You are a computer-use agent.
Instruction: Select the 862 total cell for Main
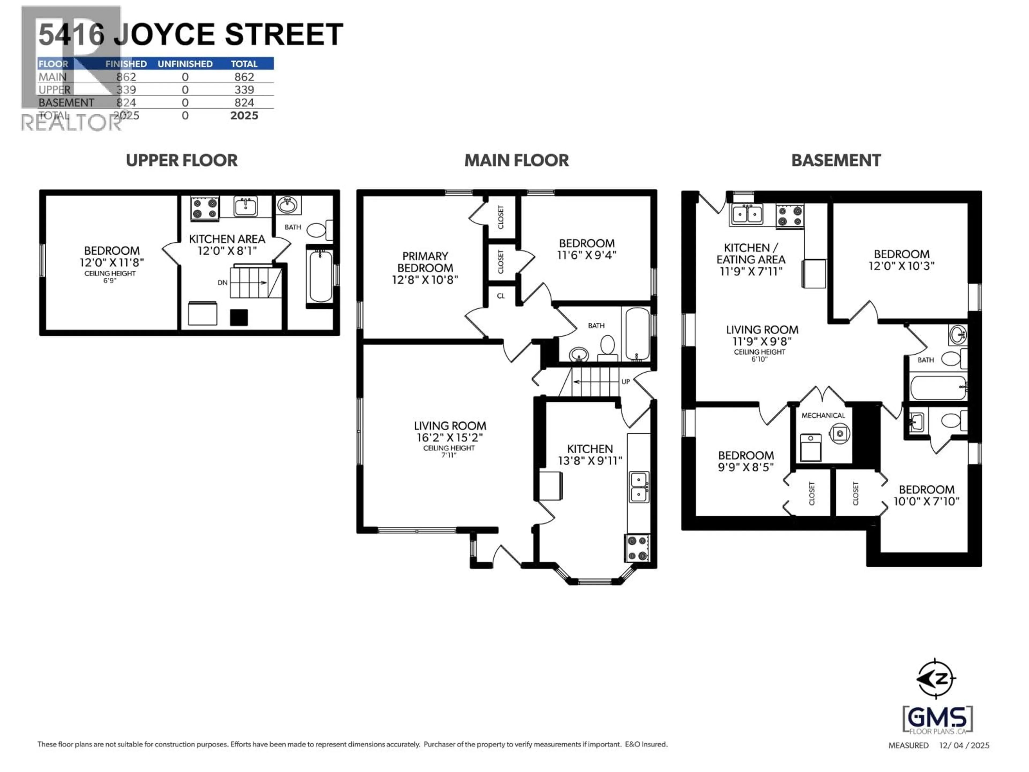click(244, 77)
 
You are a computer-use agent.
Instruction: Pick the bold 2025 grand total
click(244, 116)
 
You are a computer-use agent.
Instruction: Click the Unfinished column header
click(185, 64)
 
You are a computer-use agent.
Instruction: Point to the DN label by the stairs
click(222, 283)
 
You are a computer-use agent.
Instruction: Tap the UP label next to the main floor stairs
click(626, 382)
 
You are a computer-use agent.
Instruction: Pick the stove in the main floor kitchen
click(637, 548)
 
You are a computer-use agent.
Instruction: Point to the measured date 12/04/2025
click(964, 745)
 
